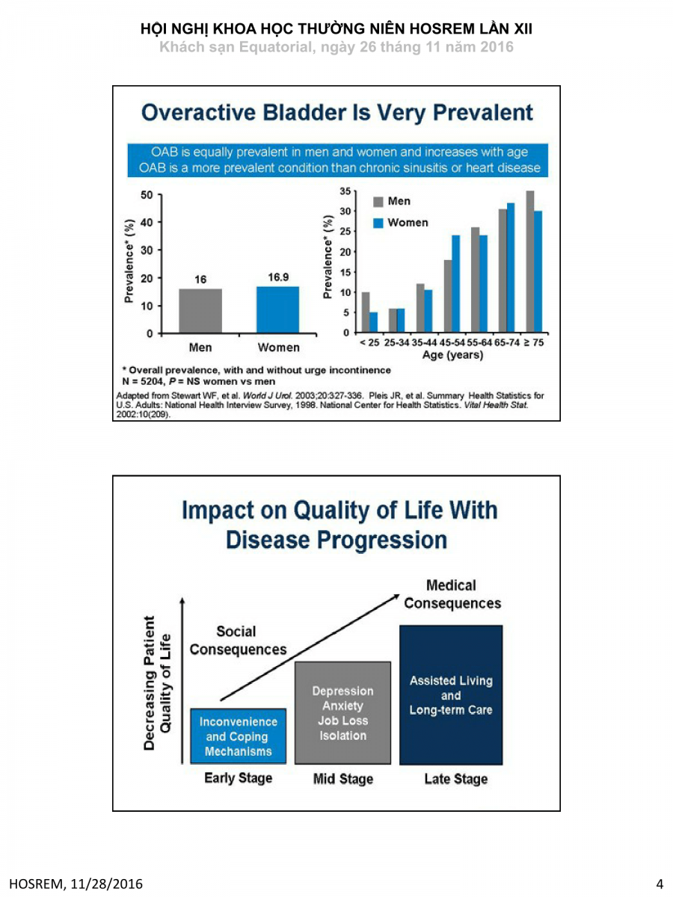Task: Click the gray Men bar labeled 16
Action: [200, 310]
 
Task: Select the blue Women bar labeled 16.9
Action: [277, 309]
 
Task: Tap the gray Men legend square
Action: [378, 202]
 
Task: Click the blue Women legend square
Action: [378, 223]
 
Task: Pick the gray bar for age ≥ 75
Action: [529, 262]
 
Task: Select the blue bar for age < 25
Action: [373, 322]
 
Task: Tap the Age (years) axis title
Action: [452, 355]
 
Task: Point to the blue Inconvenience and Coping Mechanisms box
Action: [238, 736]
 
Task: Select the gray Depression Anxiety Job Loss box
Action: [342, 713]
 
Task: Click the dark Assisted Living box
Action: [451, 695]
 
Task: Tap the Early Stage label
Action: [238, 778]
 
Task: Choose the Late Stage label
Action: [455, 779]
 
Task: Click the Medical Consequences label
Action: [452, 594]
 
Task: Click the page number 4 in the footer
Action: [660, 885]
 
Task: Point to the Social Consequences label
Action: [238, 641]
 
